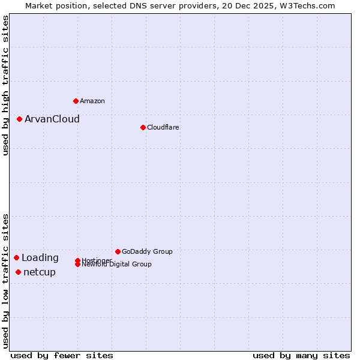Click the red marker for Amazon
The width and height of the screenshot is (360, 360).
coord(76,101)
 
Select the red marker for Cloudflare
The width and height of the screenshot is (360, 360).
coord(143,127)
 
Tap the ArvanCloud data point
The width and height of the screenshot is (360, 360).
coord(19,119)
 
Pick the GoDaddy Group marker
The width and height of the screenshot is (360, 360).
coord(118,251)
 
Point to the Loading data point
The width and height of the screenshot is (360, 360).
coord(16,257)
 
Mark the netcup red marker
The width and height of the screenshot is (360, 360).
coord(18,272)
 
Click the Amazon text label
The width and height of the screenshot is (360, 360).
coord(92,101)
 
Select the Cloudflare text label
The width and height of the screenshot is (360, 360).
coord(163,127)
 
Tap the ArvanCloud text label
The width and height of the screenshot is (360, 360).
coord(52,119)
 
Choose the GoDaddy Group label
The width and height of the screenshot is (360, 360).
coord(147,251)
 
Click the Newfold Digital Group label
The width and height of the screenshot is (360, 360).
coord(116,264)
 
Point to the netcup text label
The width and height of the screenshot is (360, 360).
coord(40,272)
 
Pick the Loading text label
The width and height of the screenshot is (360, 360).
coord(40,258)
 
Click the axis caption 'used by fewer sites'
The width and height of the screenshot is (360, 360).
coord(62,355)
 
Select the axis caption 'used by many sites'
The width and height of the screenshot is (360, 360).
coord(301,355)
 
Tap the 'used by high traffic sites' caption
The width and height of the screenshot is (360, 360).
coord(5,85)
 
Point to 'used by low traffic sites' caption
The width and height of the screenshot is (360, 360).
coord(5,281)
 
